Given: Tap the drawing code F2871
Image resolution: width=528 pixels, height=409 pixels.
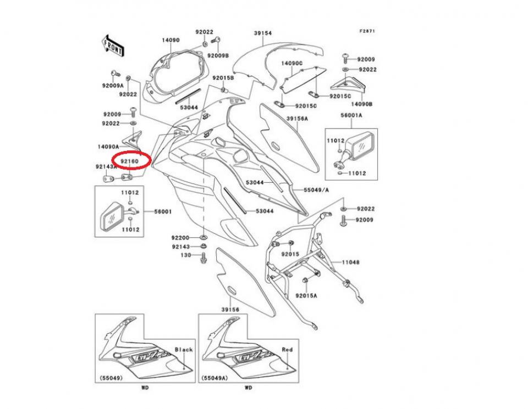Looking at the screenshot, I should pyautogui.click(x=367, y=31).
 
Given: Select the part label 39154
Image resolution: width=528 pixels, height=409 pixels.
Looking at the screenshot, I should pyautogui.click(x=262, y=33).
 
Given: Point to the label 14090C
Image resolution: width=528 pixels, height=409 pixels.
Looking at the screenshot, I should pyautogui.click(x=292, y=64).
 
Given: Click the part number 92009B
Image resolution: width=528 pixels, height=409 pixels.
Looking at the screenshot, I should pyautogui.click(x=218, y=56).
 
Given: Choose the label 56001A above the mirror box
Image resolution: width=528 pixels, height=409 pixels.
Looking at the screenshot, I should pyautogui.click(x=351, y=116).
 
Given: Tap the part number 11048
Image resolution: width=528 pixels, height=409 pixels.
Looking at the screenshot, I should pyautogui.click(x=350, y=262).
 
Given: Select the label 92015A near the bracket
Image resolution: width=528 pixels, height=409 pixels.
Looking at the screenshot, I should pyautogui.click(x=306, y=295).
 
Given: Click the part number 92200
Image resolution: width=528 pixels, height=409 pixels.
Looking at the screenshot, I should pyautogui.click(x=180, y=238).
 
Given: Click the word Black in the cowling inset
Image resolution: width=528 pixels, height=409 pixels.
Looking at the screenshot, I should pyautogui.click(x=184, y=349).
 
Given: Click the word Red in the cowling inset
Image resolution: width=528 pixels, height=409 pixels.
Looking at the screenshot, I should pyautogui.click(x=287, y=349).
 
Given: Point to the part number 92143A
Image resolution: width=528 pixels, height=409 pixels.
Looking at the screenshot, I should pyautogui.click(x=106, y=166).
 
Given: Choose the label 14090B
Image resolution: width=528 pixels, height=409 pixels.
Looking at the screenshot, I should pyautogui.click(x=361, y=103).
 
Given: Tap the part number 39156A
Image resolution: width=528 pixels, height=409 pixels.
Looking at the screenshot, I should pyautogui.click(x=297, y=119).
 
